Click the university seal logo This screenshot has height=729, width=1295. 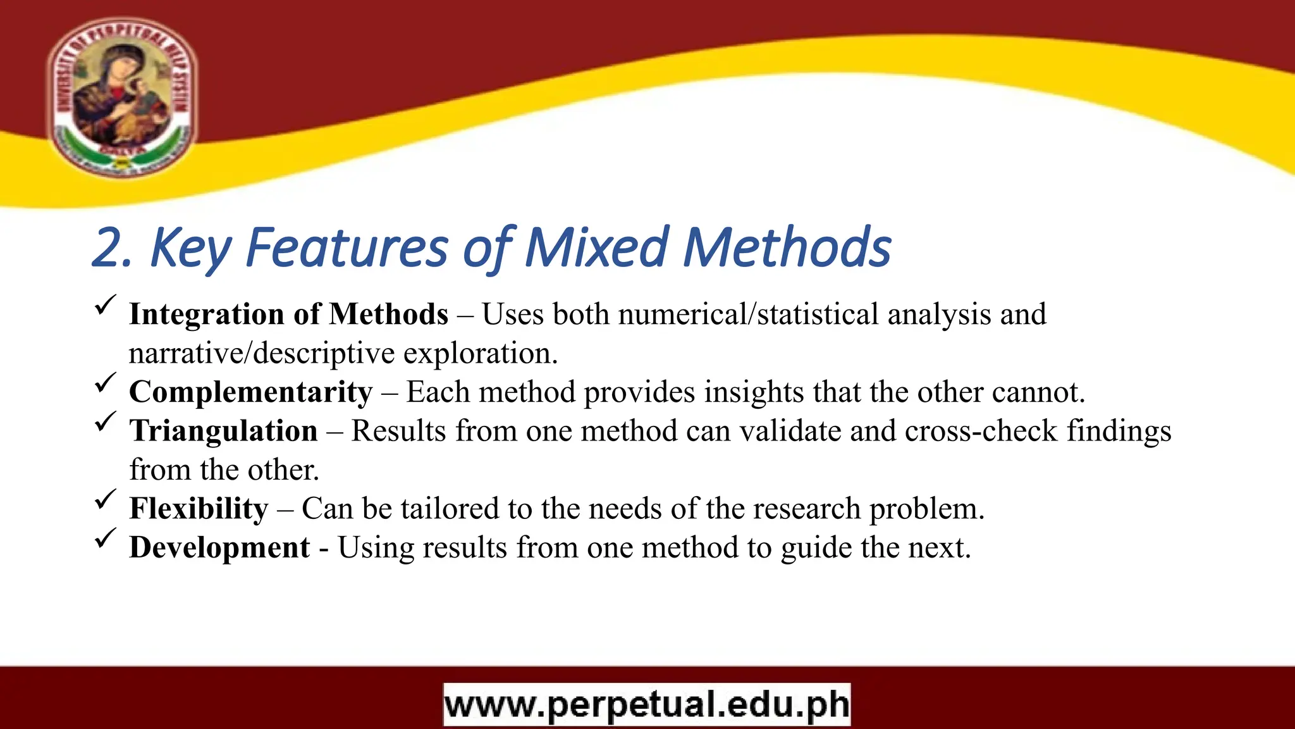pos(122,96)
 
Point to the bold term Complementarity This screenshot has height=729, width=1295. pos(250,392)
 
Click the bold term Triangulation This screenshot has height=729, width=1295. pos(223,431)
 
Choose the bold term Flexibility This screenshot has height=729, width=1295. pos(199,509)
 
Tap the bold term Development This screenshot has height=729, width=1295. pos(219,547)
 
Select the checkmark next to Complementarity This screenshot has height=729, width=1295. pos(105,382)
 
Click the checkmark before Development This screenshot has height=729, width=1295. pos(105,538)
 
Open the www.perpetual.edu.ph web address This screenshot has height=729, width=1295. pos(647,704)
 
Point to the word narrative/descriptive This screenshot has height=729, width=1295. pos(262,353)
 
